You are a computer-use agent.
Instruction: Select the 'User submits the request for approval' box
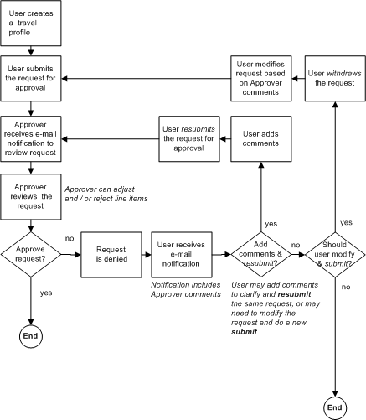click(32, 79)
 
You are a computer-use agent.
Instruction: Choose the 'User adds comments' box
click(260, 138)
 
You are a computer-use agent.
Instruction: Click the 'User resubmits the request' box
click(188, 138)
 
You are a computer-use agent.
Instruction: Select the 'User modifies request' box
click(260, 79)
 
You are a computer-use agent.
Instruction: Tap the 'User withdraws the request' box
click(335, 79)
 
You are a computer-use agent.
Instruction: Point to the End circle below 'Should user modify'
click(335, 407)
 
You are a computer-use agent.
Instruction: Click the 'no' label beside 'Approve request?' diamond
click(68, 239)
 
